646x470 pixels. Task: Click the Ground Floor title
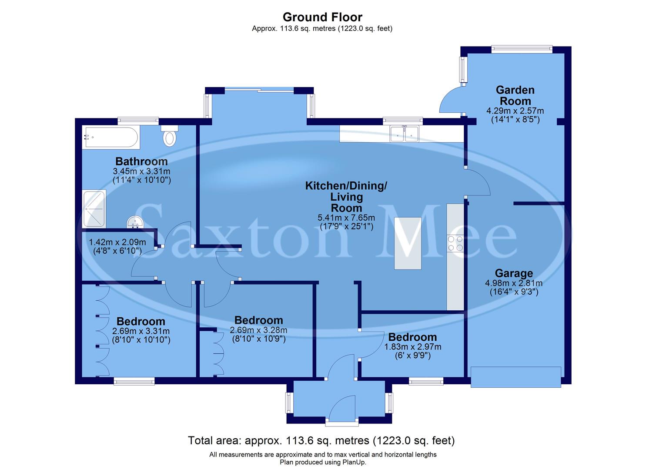pyautogui.click(x=322, y=17)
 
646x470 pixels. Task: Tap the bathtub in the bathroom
pyautogui.click(x=110, y=138)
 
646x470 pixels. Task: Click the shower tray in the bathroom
pyautogui.click(x=94, y=209)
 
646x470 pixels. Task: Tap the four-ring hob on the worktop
pyautogui.click(x=455, y=243)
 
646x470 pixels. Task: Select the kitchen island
pyautogui.click(x=408, y=243)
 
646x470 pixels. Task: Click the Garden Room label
pyautogui.click(x=515, y=95)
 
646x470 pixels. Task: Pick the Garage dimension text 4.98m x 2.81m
pyautogui.click(x=514, y=283)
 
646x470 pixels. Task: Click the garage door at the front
pyautogui.click(x=516, y=377)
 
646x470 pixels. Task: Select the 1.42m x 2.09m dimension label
pyautogui.click(x=117, y=242)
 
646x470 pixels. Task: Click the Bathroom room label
pyautogui.click(x=141, y=161)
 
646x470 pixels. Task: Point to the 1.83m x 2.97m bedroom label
pyautogui.click(x=412, y=347)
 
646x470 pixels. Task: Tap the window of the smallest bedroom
pyautogui.click(x=426, y=382)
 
